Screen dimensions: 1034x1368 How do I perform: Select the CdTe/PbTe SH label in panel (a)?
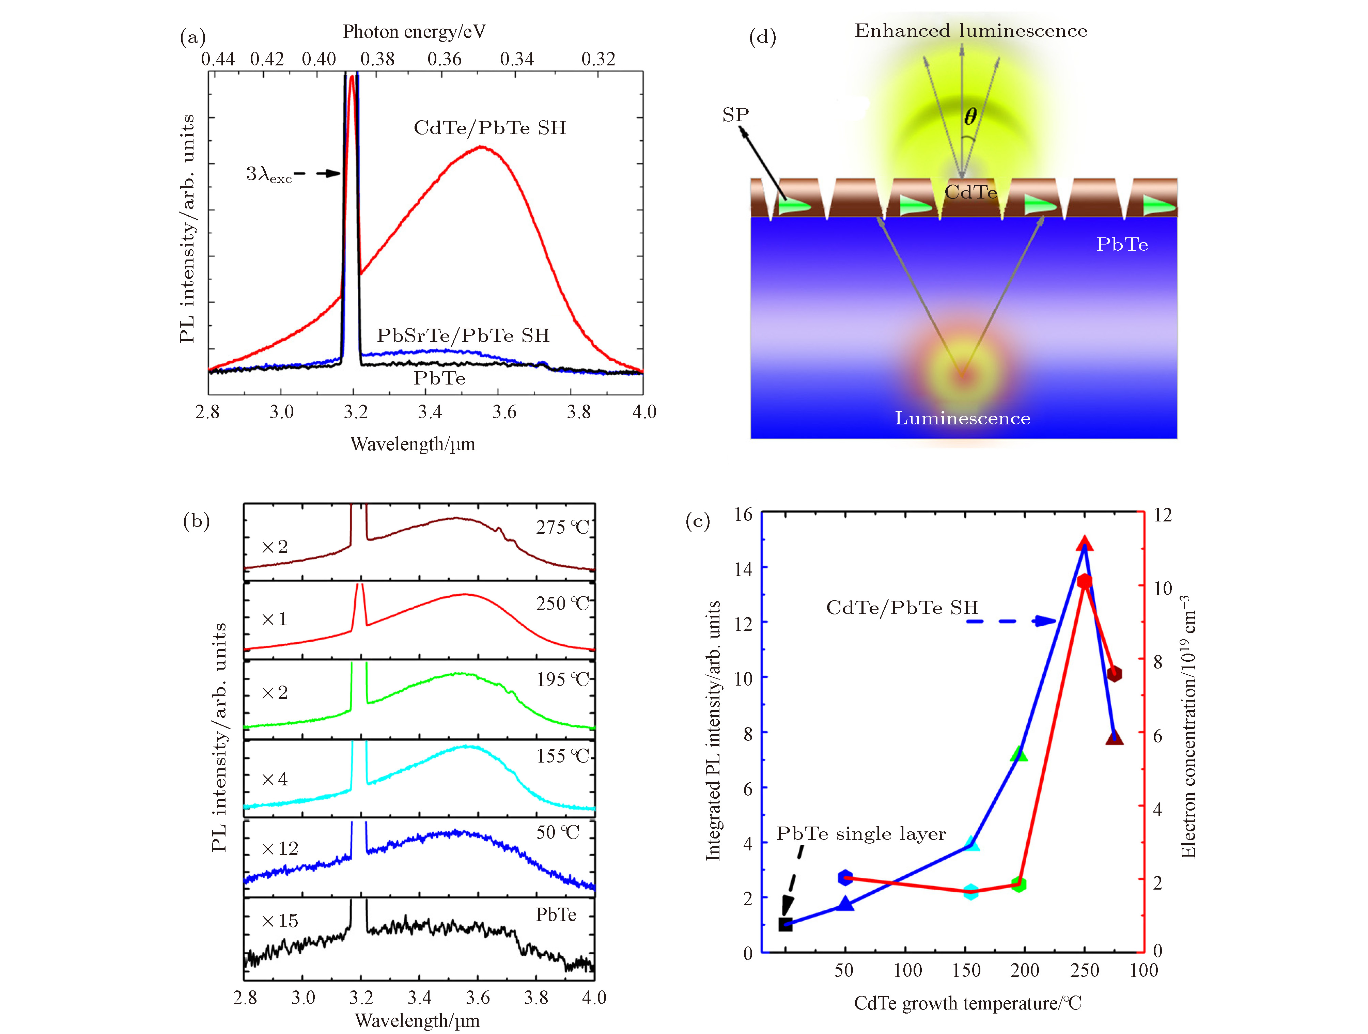[490, 128]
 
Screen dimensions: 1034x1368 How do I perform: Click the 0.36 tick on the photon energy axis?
[445, 59]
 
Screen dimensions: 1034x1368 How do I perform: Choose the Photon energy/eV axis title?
[414, 32]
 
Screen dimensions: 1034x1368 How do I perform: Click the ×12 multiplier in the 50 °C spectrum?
[280, 848]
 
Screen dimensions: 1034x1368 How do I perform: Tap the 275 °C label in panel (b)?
[562, 528]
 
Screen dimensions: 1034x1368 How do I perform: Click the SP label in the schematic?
[735, 115]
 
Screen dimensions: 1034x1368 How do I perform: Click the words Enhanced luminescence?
[971, 31]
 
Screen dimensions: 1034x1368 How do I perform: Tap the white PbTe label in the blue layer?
[1122, 245]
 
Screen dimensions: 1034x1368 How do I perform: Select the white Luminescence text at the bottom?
[962, 419]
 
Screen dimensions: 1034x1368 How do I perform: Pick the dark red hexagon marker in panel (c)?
[1115, 674]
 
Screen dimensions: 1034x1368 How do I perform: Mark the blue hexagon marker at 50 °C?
[845, 878]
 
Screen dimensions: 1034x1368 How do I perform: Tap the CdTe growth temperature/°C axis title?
[968, 1003]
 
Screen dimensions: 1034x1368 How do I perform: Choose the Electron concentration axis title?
[1188, 727]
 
